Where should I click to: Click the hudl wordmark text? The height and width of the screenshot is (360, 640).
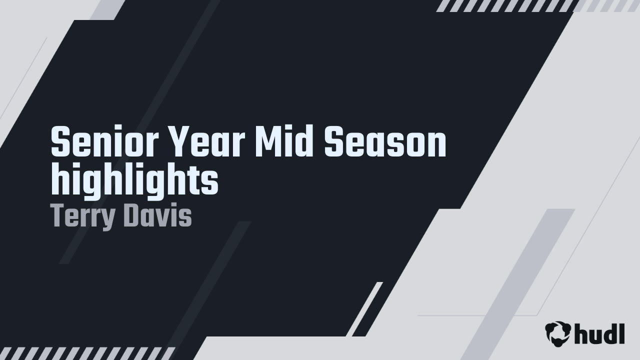tap(599, 333)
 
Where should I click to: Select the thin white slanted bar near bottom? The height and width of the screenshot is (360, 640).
tap(364, 309)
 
